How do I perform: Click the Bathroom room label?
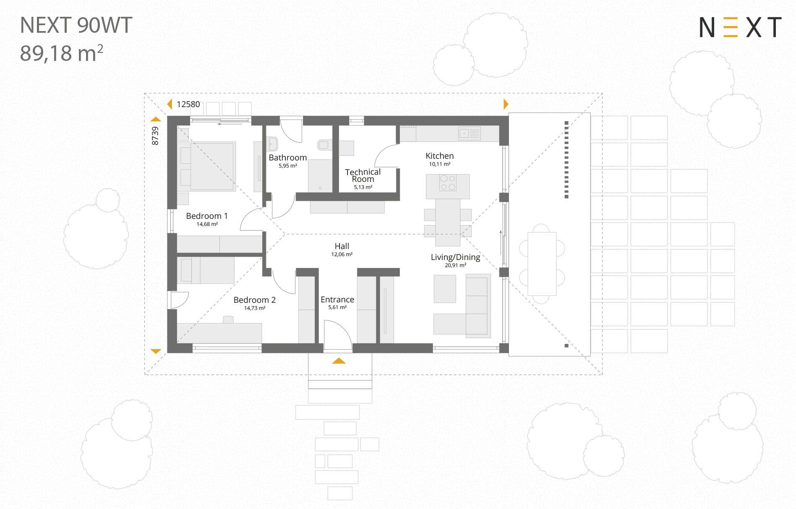coord(287,157)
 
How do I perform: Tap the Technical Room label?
coord(363,176)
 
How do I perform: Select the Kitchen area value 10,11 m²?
coord(439,164)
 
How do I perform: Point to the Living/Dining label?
coord(455,257)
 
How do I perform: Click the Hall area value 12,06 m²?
coord(342,254)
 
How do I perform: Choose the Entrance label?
coord(337,299)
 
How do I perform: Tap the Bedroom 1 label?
coord(207,216)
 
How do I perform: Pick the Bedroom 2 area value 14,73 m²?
coord(255,308)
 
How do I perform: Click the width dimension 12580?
coord(188,104)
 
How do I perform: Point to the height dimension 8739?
coord(155,136)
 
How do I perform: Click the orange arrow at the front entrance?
coord(339,361)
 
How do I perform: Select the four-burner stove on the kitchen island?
coord(448,183)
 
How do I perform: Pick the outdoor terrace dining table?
coord(542,264)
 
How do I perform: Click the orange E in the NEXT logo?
coord(731,27)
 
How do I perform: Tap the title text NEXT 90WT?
coord(76,25)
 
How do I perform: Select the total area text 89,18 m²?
coord(62,53)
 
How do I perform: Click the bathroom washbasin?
coord(272,144)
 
